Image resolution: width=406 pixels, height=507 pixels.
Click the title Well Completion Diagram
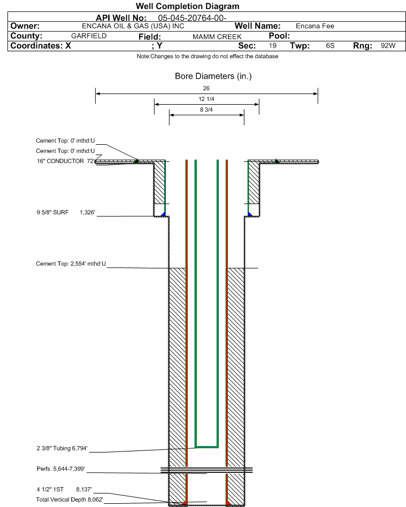[187, 6]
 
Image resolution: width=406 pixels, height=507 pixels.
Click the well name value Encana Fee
[315, 26]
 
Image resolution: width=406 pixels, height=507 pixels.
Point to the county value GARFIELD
[89, 36]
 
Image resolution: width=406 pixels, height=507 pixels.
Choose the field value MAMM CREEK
[217, 36]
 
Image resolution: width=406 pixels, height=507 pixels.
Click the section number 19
[273, 46]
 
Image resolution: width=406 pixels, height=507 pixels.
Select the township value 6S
[330, 46]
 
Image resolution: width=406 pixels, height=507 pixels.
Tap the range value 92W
[388, 46]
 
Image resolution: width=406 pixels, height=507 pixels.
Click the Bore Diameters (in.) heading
[213, 76]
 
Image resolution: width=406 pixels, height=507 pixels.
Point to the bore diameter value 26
[206, 88]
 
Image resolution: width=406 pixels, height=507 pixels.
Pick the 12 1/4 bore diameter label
[206, 99]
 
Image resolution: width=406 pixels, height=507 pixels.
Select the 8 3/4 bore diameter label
[206, 110]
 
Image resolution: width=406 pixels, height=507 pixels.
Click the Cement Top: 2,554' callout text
[71, 264]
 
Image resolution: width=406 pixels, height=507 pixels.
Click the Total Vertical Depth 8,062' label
[69, 499]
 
